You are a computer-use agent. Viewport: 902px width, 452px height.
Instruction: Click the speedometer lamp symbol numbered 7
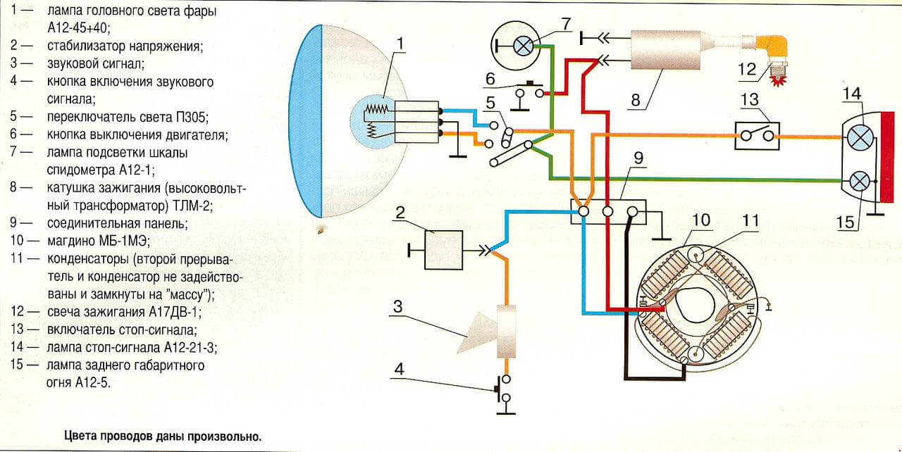pyautogui.click(x=523, y=46)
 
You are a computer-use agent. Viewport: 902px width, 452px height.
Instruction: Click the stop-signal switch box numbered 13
pyautogui.click(x=757, y=136)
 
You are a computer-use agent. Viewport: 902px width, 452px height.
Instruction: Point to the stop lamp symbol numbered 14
pyautogui.click(x=860, y=137)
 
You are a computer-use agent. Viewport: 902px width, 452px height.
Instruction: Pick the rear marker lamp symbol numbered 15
pyautogui.click(x=859, y=182)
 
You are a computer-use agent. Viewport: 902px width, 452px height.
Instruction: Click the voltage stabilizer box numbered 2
pyautogui.click(x=444, y=250)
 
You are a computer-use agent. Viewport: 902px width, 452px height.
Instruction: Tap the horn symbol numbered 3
pyautogui.click(x=489, y=332)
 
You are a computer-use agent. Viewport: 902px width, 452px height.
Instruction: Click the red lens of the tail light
pyautogui.click(x=891, y=157)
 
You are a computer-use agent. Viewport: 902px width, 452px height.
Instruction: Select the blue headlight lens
pyautogui.click(x=306, y=121)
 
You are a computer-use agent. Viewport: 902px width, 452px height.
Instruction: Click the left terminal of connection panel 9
pyautogui.click(x=583, y=211)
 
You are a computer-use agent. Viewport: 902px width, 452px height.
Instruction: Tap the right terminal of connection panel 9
pyautogui.click(x=633, y=211)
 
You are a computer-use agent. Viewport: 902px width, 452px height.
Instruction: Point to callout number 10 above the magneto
pyautogui.click(x=701, y=220)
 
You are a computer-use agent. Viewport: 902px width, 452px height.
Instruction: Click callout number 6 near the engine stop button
pyautogui.click(x=490, y=79)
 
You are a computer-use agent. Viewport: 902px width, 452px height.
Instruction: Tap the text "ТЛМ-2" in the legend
pyautogui.click(x=191, y=206)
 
